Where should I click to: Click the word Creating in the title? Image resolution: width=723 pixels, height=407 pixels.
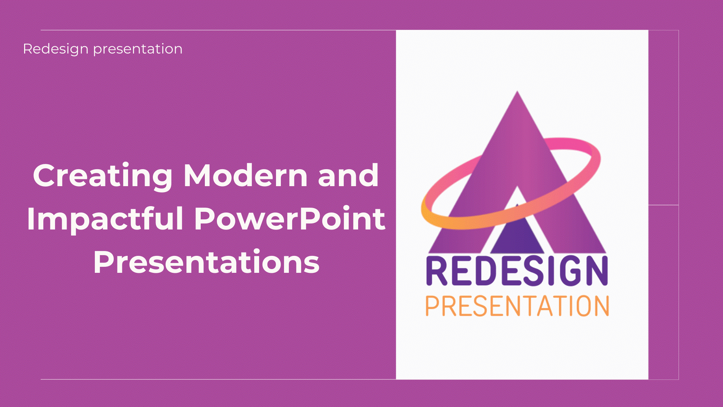[103, 176]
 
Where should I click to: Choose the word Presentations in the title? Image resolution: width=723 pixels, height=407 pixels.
[206, 262]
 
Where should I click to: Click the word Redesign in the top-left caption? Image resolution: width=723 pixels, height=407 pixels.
[56, 49]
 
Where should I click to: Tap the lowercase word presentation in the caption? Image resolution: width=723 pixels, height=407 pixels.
[138, 49]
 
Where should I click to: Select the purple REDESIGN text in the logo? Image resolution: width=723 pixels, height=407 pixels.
[517, 271]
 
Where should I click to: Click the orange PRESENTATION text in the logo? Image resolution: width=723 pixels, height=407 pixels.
[517, 306]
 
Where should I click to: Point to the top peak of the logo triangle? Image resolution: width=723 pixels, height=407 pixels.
[517, 91]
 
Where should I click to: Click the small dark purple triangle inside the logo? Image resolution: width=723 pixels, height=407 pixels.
[517, 232]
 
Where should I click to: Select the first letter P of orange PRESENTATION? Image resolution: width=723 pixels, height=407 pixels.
[432, 306]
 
